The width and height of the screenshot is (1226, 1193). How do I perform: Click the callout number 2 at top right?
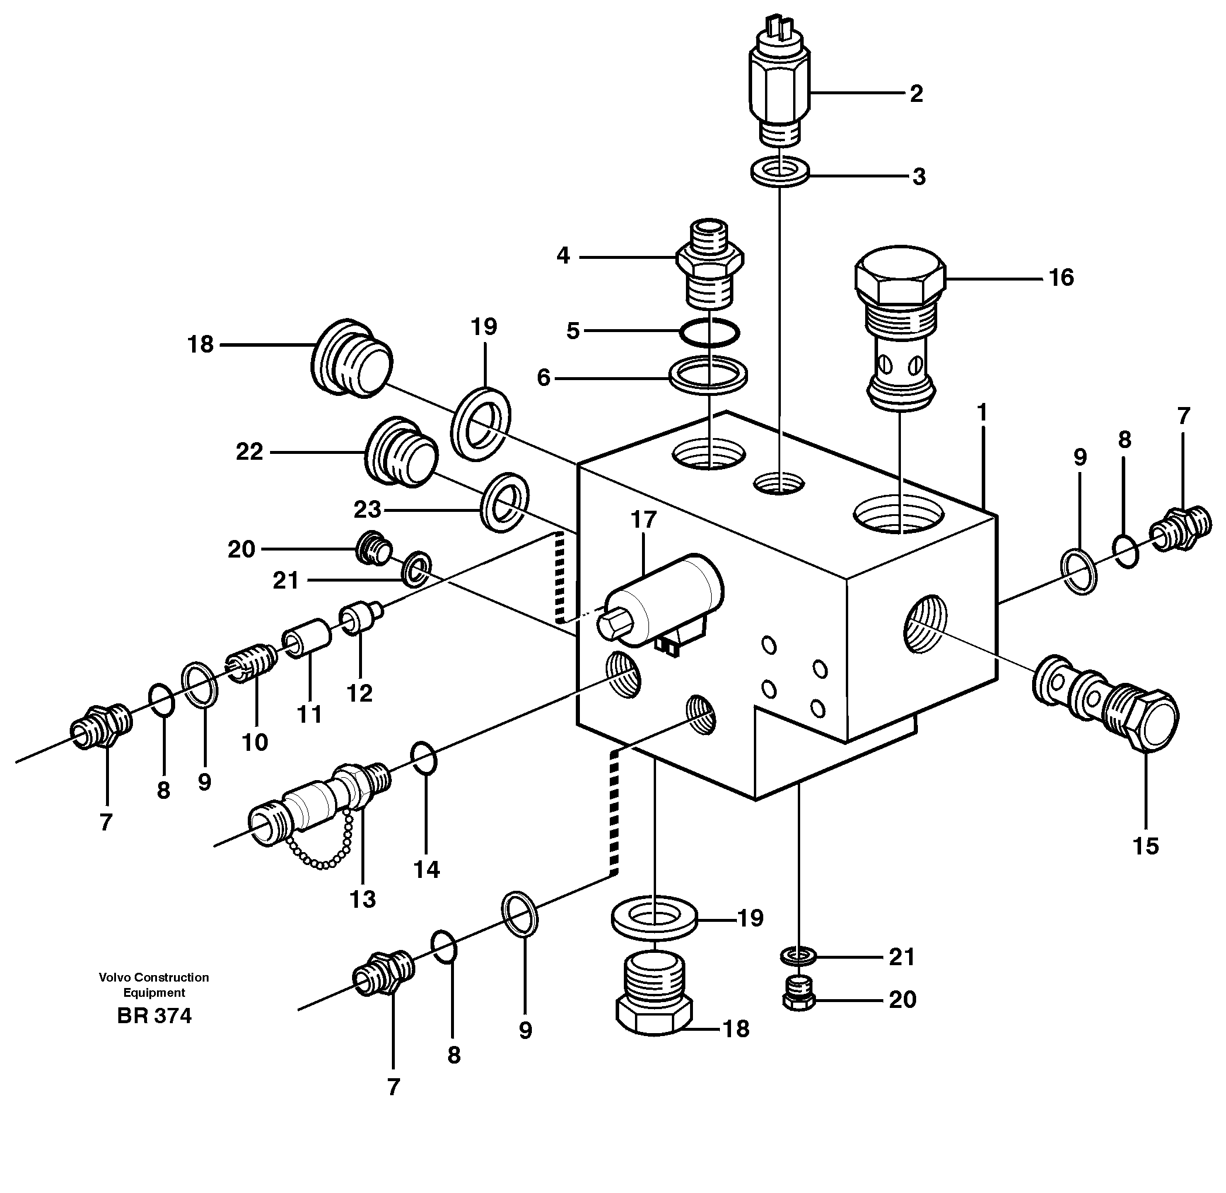pyautogui.click(x=916, y=94)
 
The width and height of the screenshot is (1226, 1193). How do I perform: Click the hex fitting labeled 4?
pyautogui.click(x=710, y=263)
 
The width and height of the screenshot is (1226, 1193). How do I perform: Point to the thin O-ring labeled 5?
pyautogui.click(x=709, y=331)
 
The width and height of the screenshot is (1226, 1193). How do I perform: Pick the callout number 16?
pyautogui.click(x=1061, y=277)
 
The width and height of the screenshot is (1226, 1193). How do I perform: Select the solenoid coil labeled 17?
pyautogui.click(x=664, y=599)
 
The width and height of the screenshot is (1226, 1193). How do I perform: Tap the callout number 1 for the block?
pyautogui.click(x=982, y=413)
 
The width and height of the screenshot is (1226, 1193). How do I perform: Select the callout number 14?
pyautogui.click(x=427, y=869)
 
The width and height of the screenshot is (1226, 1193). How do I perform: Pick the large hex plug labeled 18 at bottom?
pyautogui.click(x=654, y=996)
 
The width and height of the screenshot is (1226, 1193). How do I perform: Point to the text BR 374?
pyautogui.click(x=154, y=1016)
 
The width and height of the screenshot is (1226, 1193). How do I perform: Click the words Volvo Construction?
pyautogui.click(x=153, y=977)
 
